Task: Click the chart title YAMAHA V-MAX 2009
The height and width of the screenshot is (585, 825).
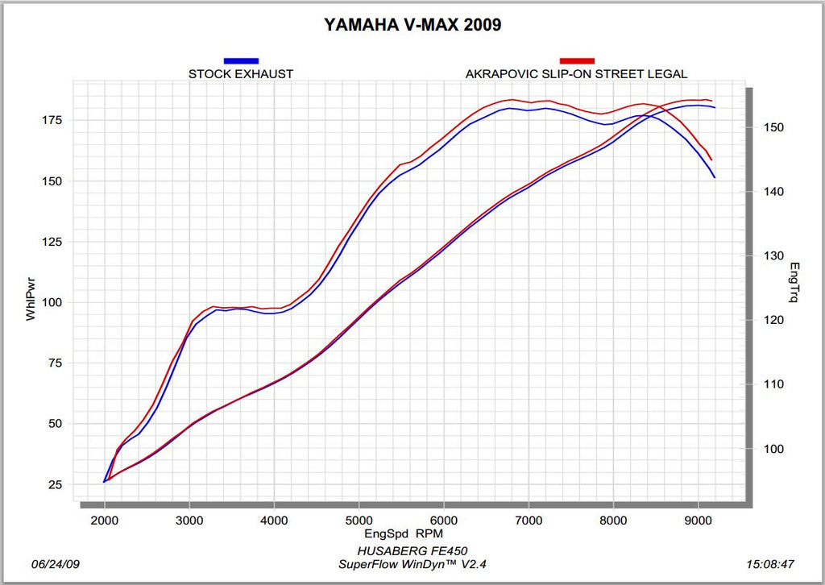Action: tap(412, 25)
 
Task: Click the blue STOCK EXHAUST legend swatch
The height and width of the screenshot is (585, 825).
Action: tap(241, 60)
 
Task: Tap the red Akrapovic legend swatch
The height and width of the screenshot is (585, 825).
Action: tap(577, 60)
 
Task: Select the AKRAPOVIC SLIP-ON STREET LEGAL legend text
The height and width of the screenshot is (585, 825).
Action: tap(576, 74)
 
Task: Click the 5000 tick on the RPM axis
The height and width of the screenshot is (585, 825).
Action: tap(359, 520)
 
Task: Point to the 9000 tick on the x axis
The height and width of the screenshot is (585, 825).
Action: tap(698, 520)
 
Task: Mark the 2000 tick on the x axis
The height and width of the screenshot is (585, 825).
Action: tap(105, 520)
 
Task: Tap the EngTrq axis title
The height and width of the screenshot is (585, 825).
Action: tap(794, 283)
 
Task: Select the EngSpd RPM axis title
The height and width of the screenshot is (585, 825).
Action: tap(404, 533)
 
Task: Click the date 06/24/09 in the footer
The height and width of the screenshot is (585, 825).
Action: tap(54, 563)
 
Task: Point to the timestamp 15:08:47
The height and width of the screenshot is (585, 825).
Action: tap(771, 563)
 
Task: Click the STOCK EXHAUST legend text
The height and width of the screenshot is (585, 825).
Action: tap(241, 74)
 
